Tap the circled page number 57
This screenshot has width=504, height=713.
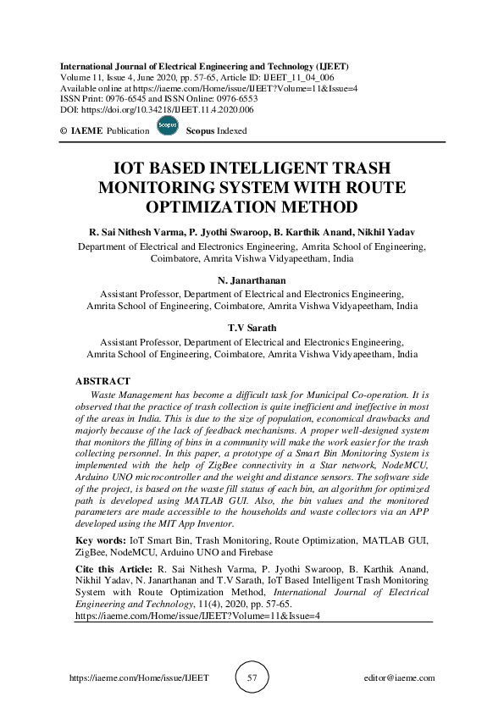(252, 678)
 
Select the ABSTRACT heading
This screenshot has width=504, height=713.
(102, 382)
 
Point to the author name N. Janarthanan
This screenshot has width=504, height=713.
(252, 279)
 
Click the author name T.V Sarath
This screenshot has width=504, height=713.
(252, 328)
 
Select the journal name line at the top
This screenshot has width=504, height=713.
(204, 66)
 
